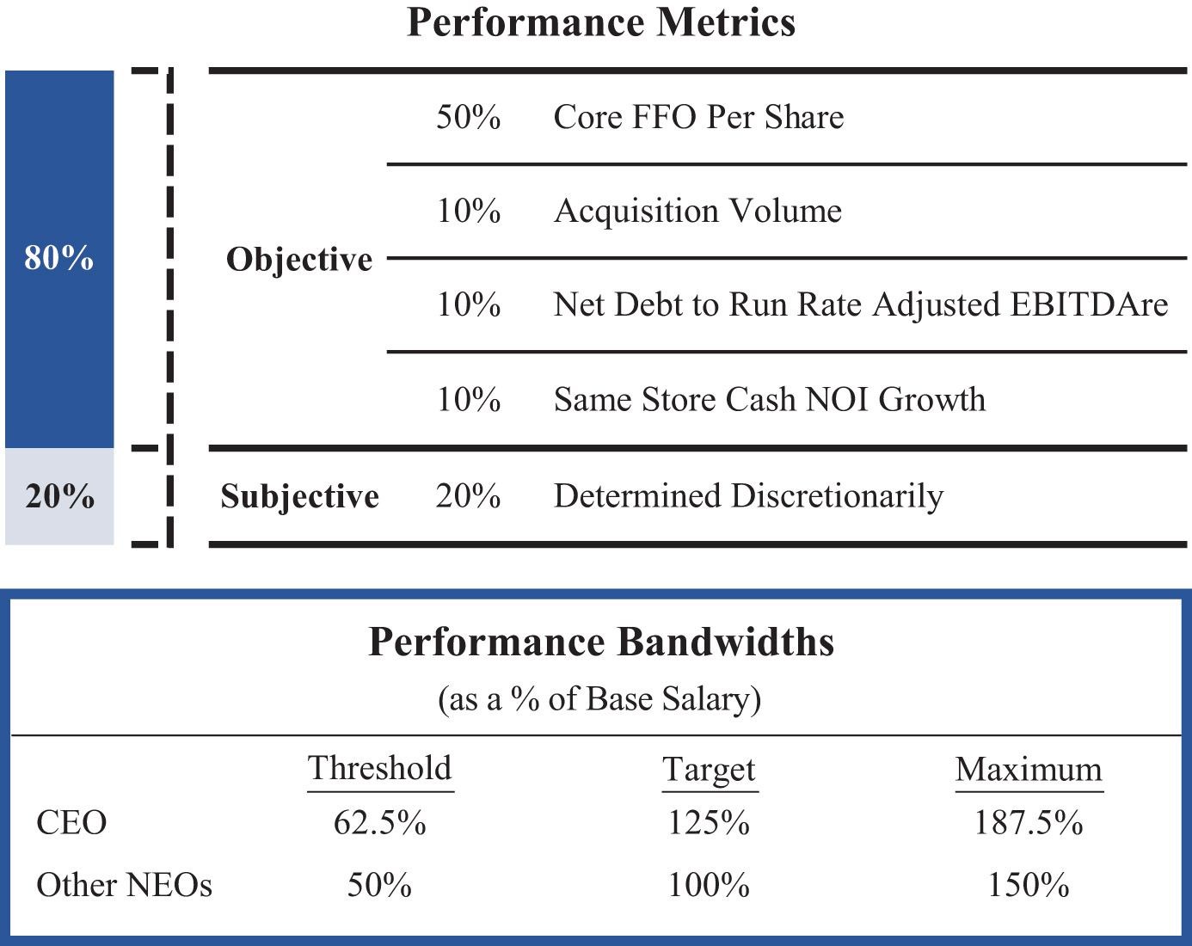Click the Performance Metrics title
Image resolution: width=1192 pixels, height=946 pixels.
(600, 23)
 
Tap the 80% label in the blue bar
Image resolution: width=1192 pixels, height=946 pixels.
(59, 258)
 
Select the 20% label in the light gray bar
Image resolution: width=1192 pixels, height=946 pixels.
(59, 496)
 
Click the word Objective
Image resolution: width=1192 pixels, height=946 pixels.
(299, 259)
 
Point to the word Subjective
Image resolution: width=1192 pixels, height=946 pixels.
(299, 496)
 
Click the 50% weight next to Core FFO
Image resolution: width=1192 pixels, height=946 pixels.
(468, 117)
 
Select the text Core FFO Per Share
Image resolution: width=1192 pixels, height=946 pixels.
(698, 117)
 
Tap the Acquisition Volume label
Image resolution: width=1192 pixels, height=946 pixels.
(697, 211)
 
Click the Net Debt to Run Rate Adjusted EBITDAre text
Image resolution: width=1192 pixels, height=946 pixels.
(860, 304)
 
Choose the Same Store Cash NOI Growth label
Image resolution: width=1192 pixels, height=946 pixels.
(769, 399)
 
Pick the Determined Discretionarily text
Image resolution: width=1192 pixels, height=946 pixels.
(748, 496)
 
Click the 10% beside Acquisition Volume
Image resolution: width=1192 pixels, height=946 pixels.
(468, 211)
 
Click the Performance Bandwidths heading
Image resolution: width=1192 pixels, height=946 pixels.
(600, 642)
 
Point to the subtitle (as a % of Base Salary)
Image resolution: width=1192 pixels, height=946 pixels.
(599, 698)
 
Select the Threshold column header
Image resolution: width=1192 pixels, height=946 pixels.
(380, 768)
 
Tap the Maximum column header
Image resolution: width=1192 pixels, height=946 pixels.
(1029, 769)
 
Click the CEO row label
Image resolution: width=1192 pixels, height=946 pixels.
(71, 823)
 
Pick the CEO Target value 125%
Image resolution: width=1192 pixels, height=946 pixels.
(709, 823)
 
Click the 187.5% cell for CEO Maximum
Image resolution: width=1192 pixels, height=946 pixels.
(1029, 823)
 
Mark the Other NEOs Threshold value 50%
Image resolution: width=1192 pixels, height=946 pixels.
(379, 885)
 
